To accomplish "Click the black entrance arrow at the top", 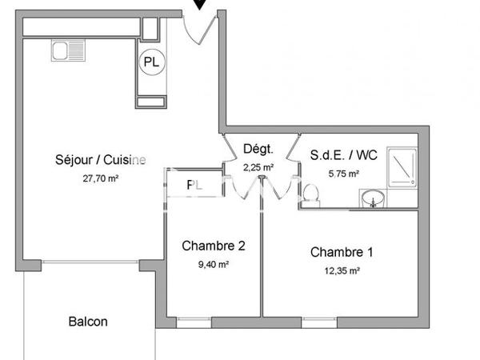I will click(198, 5).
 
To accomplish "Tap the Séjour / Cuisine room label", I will click(101, 159).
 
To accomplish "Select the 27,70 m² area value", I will click(101, 179).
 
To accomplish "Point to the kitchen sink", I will click(62, 50).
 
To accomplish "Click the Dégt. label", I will click(258, 149).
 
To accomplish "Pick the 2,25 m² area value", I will click(258, 167).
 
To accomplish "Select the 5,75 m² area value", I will click(343, 174).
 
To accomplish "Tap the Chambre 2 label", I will click(213, 246).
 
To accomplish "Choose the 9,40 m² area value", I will click(214, 265).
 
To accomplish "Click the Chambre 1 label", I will click(342, 253).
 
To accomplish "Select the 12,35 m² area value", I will click(342, 271).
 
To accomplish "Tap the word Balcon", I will click(88, 322).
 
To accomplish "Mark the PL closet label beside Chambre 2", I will click(192, 185).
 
